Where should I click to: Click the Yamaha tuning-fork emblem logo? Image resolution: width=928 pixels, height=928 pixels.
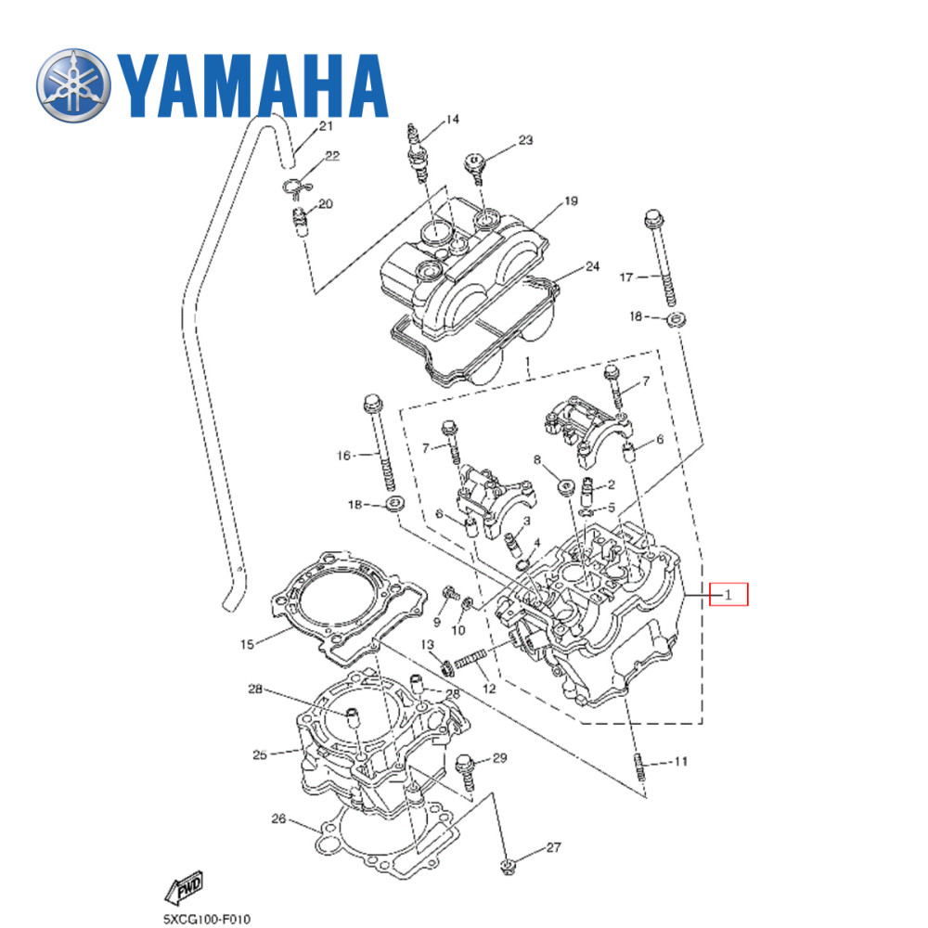[72, 86]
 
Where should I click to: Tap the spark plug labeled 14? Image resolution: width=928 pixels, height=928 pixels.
[417, 150]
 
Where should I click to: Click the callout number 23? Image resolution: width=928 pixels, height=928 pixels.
[525, 141]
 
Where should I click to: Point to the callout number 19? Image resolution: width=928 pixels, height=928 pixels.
[571, 201]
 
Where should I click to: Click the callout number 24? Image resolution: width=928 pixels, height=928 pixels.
[592, 267]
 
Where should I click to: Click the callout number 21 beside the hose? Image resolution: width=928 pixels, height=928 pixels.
[325, 126]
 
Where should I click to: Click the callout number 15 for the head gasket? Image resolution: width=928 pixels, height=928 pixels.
[247, 643]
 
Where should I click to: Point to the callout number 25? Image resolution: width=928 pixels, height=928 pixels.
[260, 754]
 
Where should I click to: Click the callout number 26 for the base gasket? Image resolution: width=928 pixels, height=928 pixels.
[278, 818]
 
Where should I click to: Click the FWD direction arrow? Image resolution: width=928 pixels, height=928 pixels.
[184, 889]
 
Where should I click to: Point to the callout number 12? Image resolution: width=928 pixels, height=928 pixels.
[489, 689]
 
